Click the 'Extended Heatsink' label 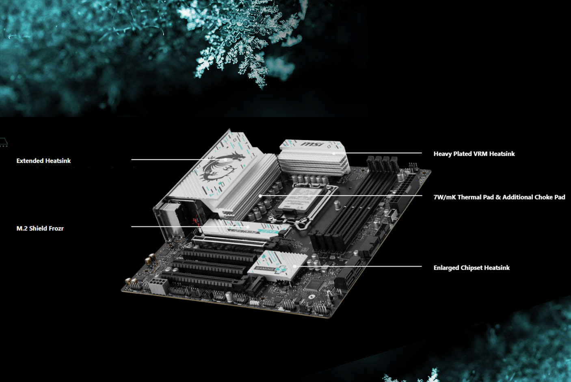[x=43, y=161]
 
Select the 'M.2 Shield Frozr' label [x=40, y=228]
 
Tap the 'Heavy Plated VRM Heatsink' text [x=474, y=154]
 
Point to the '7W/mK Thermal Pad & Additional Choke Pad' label [x=499, y=197]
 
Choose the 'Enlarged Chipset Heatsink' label [x=471, y=268]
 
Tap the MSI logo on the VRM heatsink [x=312, y=144]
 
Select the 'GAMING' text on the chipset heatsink [x=265, y=269]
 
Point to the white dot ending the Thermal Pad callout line [x=260, y=195]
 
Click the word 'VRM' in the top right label [x=480, y=154]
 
